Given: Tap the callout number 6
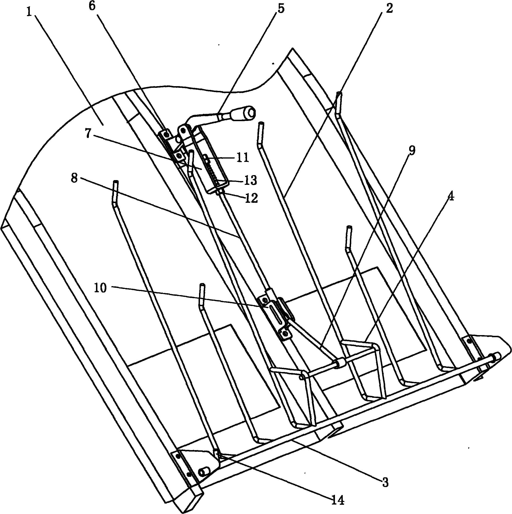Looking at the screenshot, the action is pos(92,6).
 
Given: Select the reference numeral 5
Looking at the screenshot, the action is pos(281,9).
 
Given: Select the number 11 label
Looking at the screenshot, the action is pos(242,158).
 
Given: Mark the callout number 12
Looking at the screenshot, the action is pos(251,198).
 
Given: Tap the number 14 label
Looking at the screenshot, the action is pos(338,501).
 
